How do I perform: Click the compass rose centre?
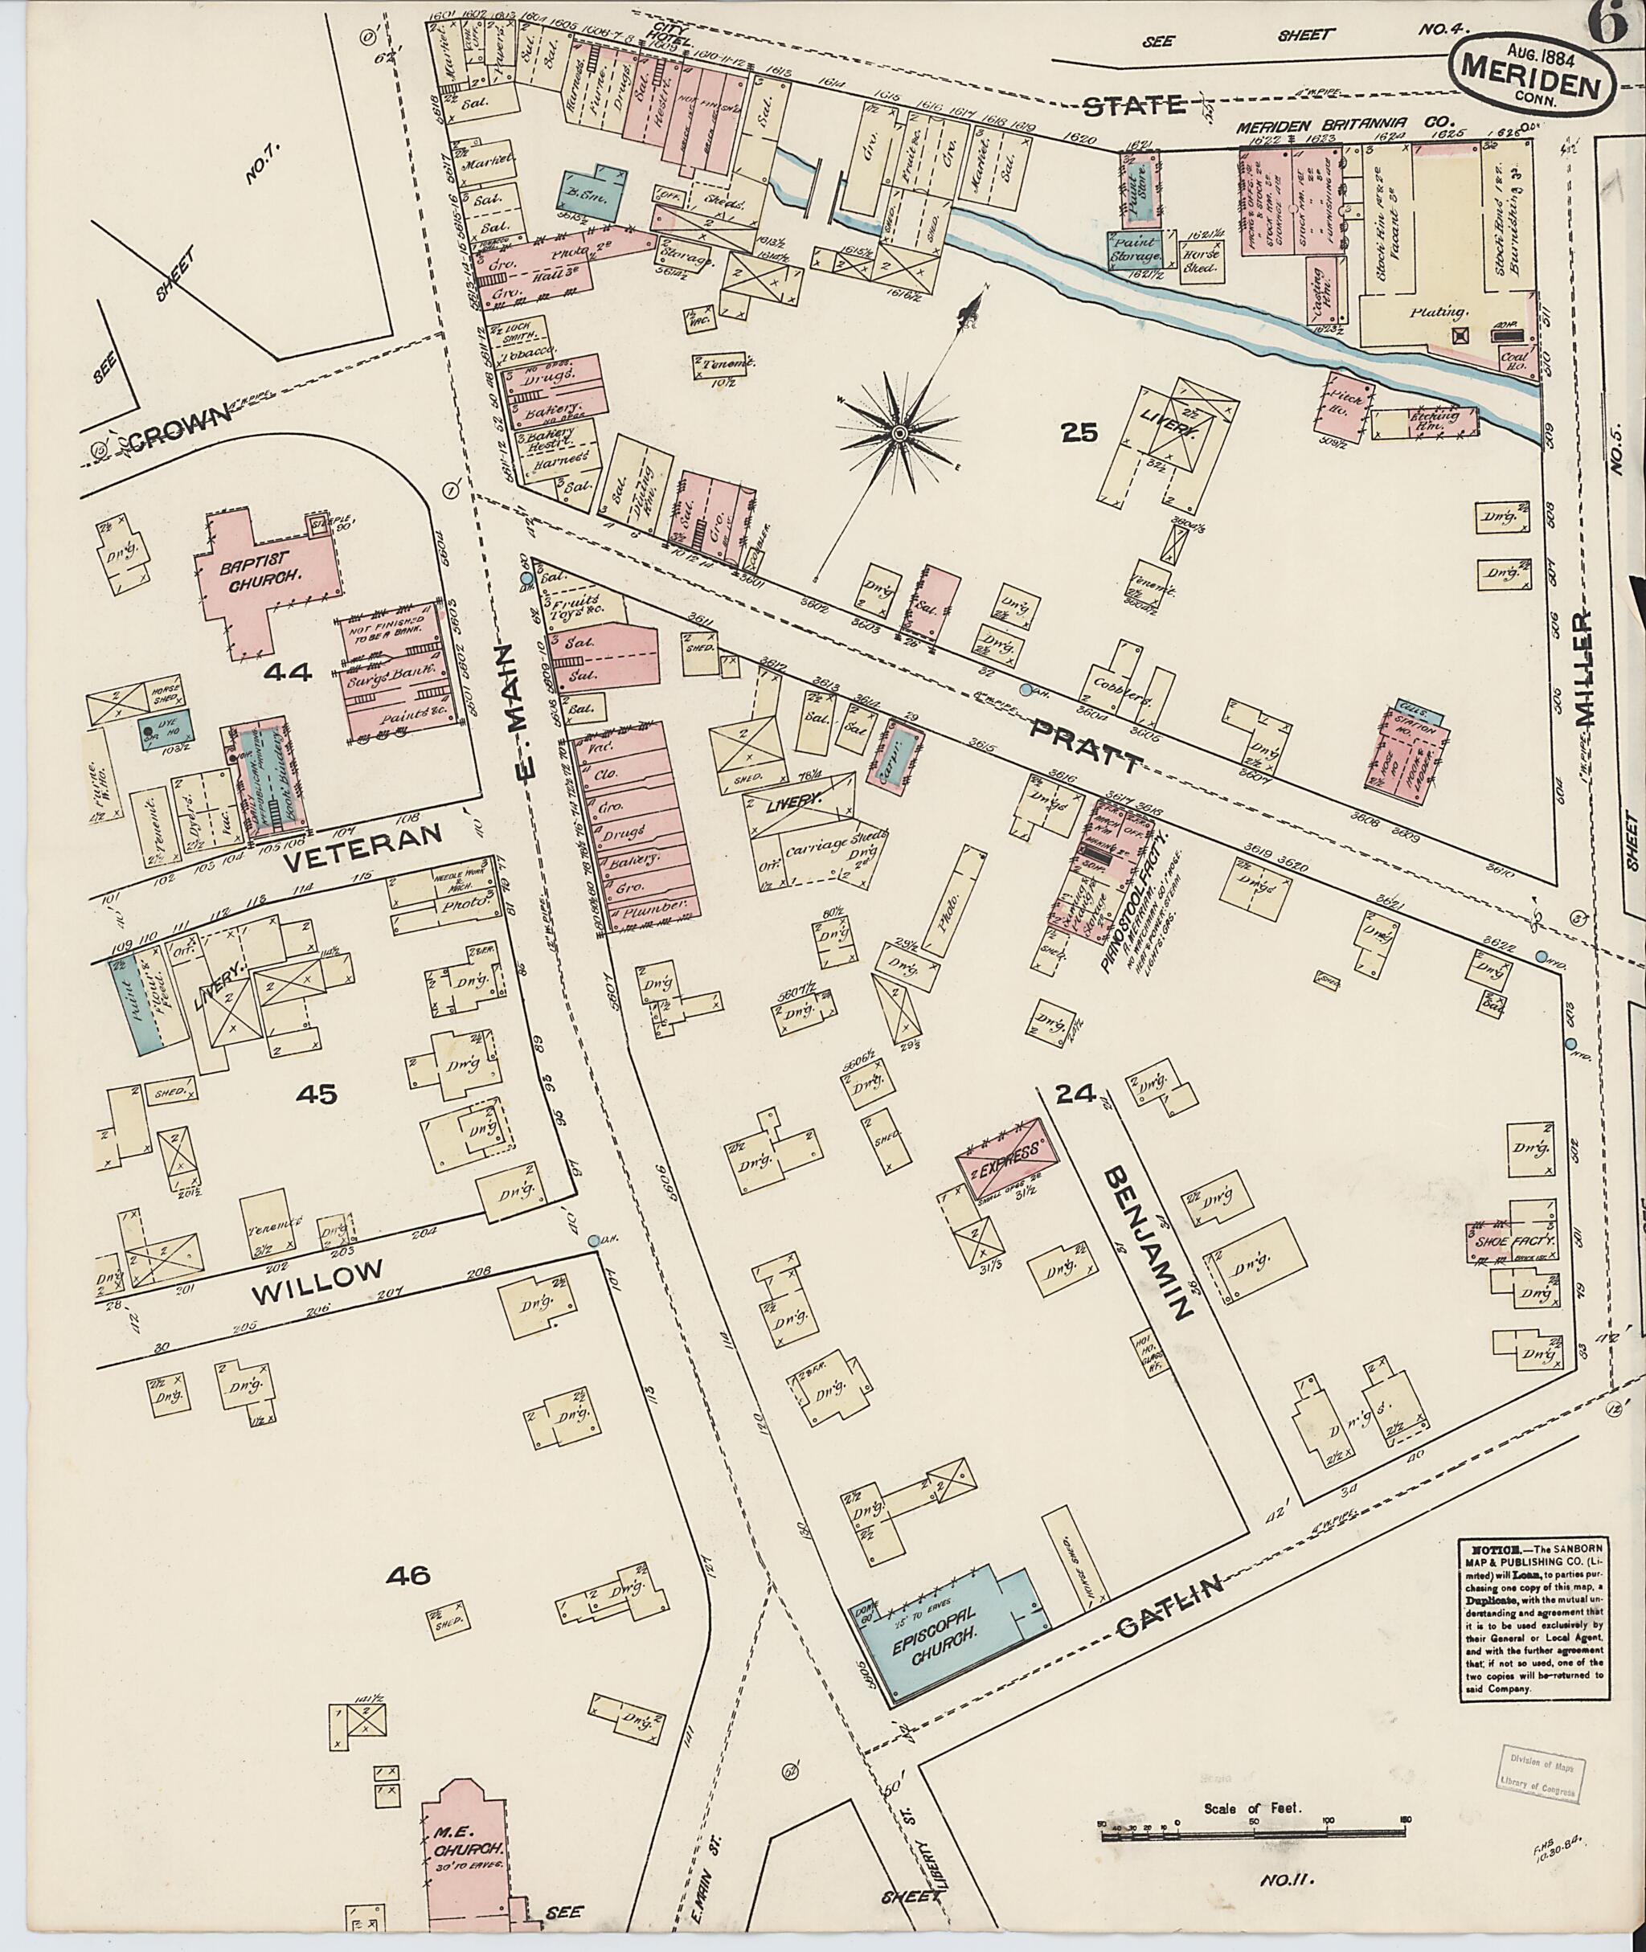pos(899,435)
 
